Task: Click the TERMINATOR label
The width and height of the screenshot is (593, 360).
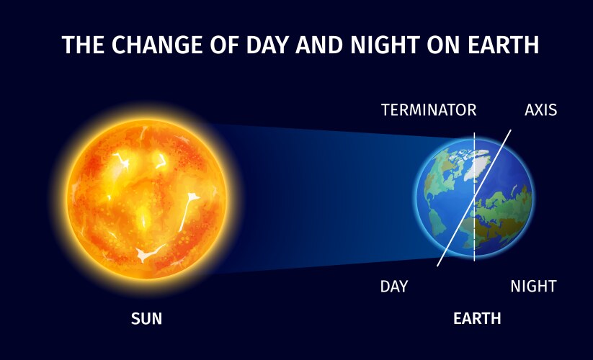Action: click(x=429, y=110)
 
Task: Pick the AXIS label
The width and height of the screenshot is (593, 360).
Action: click(x=540, y=110)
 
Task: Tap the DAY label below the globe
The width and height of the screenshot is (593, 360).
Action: click(x=394, y=287)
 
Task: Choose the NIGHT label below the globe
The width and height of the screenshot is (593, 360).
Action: click(x=533, y=287)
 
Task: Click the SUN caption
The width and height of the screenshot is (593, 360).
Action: click(x=146, y=318)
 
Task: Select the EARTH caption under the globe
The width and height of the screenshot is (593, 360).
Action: click(x=477, y=318)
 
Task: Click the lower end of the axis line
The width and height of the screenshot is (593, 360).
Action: click(x=437, y=266)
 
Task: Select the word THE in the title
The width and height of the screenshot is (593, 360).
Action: click(x=80, y=45)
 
